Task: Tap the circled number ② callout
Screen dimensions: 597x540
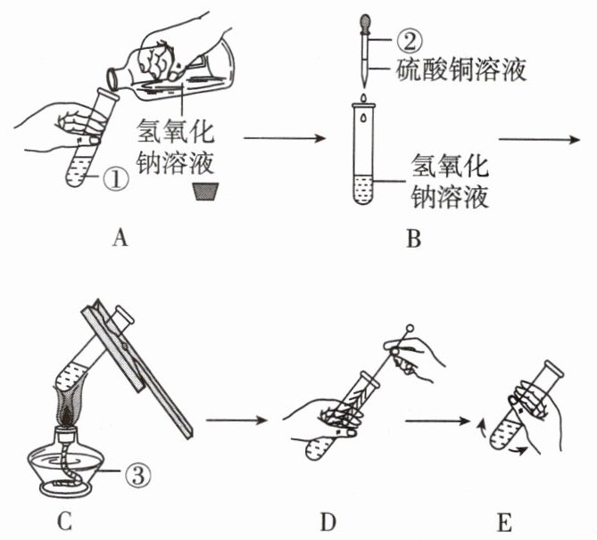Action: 410,41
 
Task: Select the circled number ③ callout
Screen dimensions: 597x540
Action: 138,474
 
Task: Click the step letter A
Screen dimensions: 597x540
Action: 120,238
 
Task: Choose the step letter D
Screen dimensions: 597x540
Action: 328,522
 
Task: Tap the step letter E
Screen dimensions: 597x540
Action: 504,522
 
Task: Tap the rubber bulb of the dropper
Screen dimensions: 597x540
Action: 365,23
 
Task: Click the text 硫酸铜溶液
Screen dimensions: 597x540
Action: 461,70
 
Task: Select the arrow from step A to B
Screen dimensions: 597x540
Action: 285,138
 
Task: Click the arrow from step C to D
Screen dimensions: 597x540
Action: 236,421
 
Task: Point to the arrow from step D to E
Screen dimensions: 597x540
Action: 437,421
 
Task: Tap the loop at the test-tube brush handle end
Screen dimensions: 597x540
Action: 410,328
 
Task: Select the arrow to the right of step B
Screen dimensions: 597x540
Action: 539,140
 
